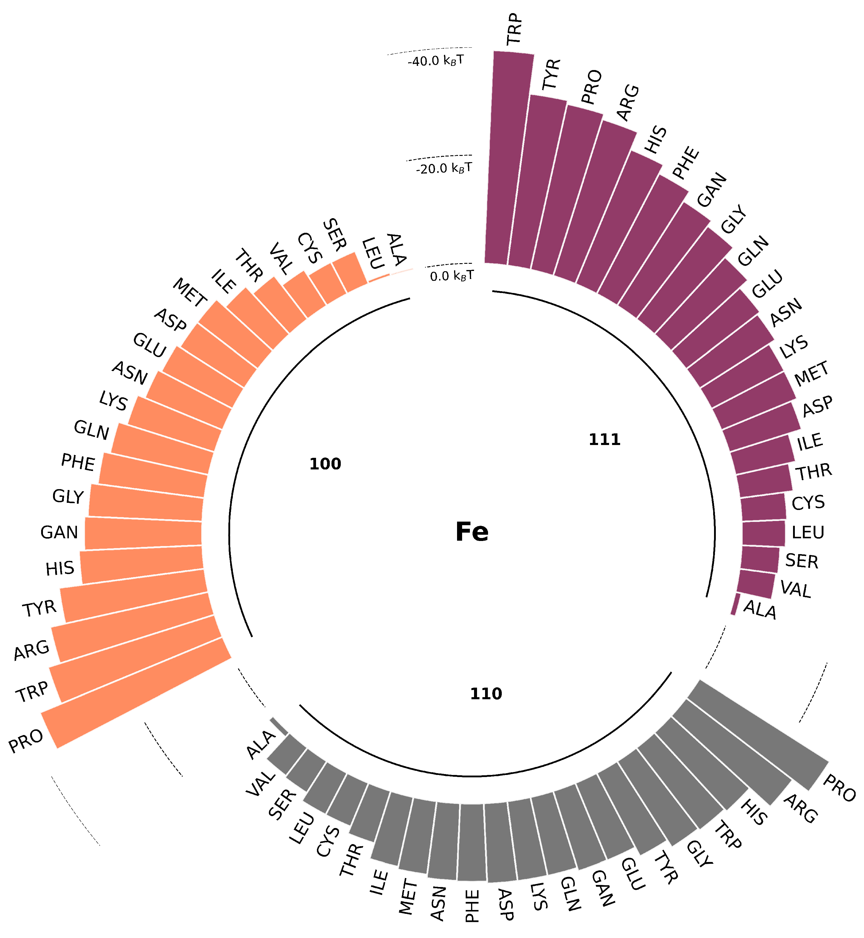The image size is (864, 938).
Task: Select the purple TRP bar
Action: (x=510, y=159)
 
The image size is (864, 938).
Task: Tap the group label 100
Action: (x=325, y=464)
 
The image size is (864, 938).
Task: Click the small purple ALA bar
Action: (x=736, y=604)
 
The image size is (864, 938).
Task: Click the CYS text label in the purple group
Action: (x=808, y=503)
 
